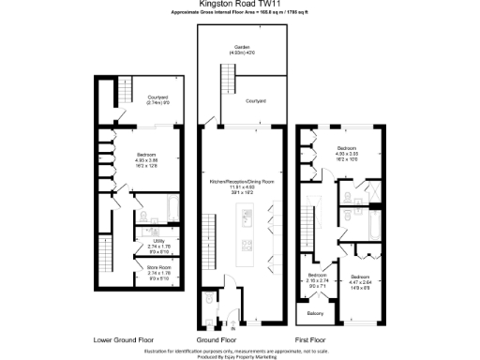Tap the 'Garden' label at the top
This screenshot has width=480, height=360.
[x=241, y=48]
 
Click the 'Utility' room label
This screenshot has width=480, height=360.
[x=157, y=242]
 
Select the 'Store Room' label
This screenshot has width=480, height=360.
[x=157, y=269]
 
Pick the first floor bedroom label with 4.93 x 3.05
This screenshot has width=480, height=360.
[x=346, y=150]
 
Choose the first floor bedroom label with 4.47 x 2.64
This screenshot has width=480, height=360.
[x=361, y=280]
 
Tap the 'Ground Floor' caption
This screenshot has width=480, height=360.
[x=216, y=338]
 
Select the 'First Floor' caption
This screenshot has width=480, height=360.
[x=314, y=338]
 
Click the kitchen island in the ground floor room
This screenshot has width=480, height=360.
[x=247, y=230]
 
